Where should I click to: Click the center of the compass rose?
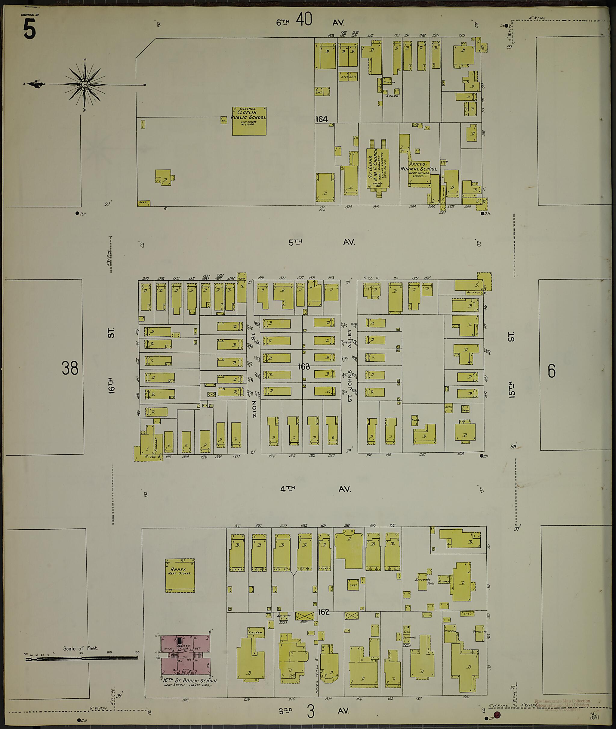[85, 84]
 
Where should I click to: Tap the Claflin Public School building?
[249, 121]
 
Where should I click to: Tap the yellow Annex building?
[180, 575]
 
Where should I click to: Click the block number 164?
[321, 119]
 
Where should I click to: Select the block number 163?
[304, 366]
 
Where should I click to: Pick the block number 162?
[323, 612]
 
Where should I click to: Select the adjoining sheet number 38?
[70, 368]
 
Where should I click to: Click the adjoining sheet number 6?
[551, 371]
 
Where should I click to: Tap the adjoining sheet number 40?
[304, 20]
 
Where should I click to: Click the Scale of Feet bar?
[82, 659]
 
